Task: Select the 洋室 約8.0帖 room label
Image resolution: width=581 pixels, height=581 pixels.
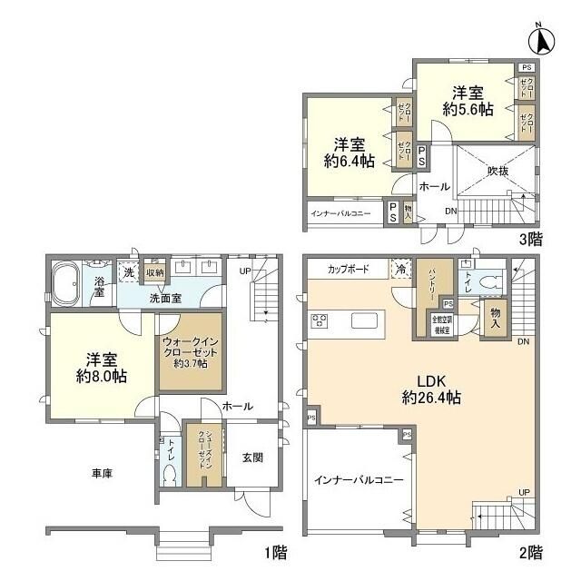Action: pyautogui.click(x=94, y=365)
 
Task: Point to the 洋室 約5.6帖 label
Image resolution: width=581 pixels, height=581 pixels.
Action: pyautogui.click(x=468, y=100)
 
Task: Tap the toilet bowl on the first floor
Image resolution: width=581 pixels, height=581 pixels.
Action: pyautogui.click(x=170, y=473)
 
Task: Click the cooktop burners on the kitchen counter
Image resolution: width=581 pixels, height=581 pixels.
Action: pyautogui.click(x=320, y=320)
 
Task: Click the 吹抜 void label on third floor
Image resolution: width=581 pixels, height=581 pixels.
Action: pyautogui.click(x=497, y=171)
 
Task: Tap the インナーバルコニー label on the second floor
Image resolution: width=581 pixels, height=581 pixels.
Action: pyautogui.click(x=352, y=478)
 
